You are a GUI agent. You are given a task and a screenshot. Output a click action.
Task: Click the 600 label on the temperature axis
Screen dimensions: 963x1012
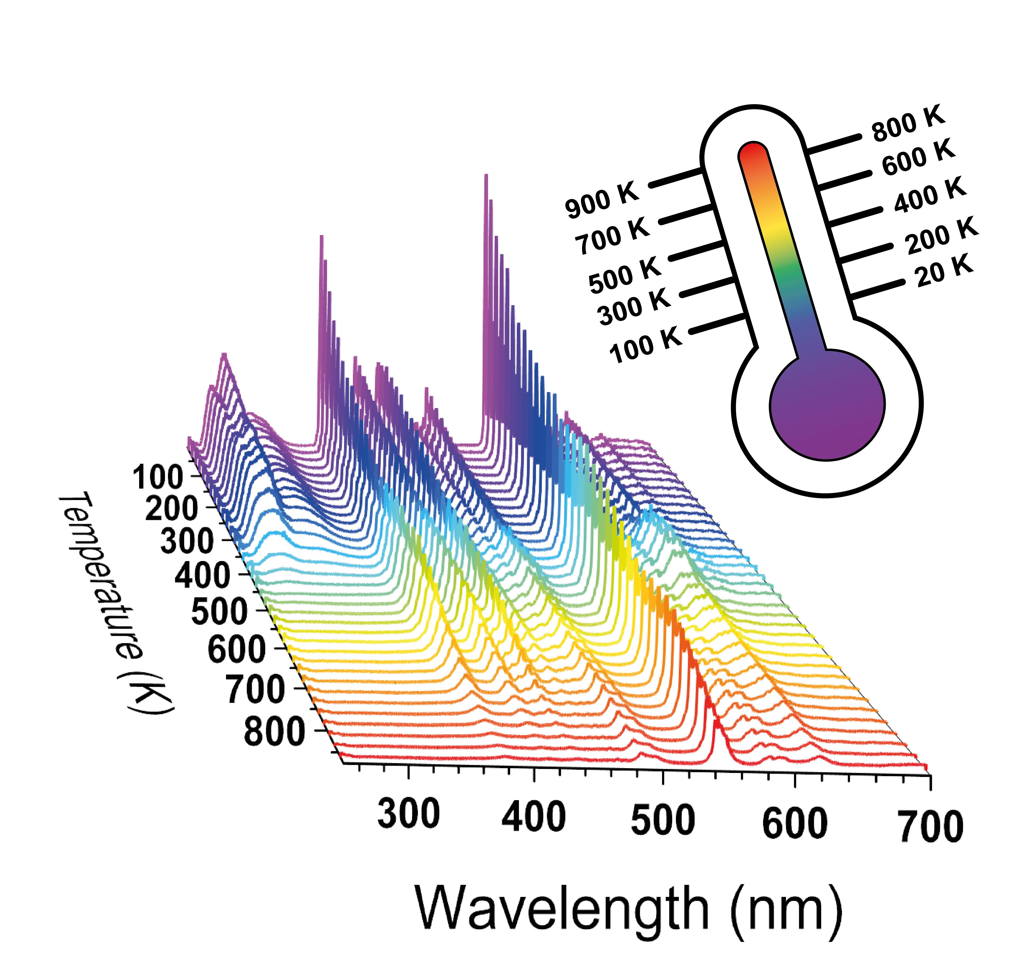[x=237, y=649]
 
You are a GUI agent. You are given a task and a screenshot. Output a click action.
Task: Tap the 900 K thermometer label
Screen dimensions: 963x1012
[x=602, y=200]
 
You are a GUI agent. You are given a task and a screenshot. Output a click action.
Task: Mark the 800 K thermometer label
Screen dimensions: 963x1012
[x=908, y=123]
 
